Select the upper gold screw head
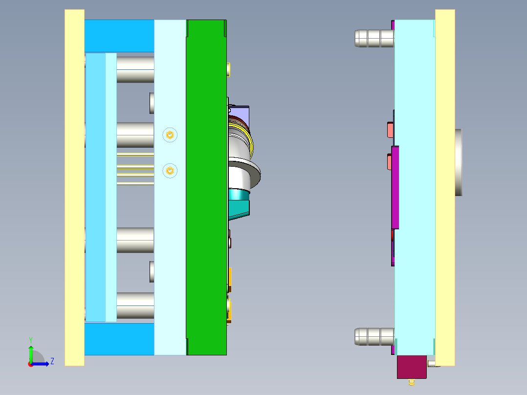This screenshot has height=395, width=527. [170, 134]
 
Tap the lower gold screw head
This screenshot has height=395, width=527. [170, 171]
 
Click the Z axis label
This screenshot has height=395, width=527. [52, 361]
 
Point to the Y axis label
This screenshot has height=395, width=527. [30, 339]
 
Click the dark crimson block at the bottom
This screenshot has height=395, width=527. [412, 367]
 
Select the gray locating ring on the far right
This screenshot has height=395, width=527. [458, 162]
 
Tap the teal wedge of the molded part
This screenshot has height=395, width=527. [240, 205]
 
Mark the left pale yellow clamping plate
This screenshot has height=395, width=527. [74, 188]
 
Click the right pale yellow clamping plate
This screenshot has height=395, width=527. [445, 188]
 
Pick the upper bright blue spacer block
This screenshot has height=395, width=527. [119, 36]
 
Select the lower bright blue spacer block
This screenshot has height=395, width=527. [119, 339]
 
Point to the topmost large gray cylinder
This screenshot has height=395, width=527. [135, 69]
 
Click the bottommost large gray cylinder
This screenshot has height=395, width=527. [135, 306]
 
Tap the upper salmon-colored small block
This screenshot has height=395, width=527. [390, 130]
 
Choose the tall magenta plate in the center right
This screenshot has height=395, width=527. [395, 187]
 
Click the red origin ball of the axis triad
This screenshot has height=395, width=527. [31, 364]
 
